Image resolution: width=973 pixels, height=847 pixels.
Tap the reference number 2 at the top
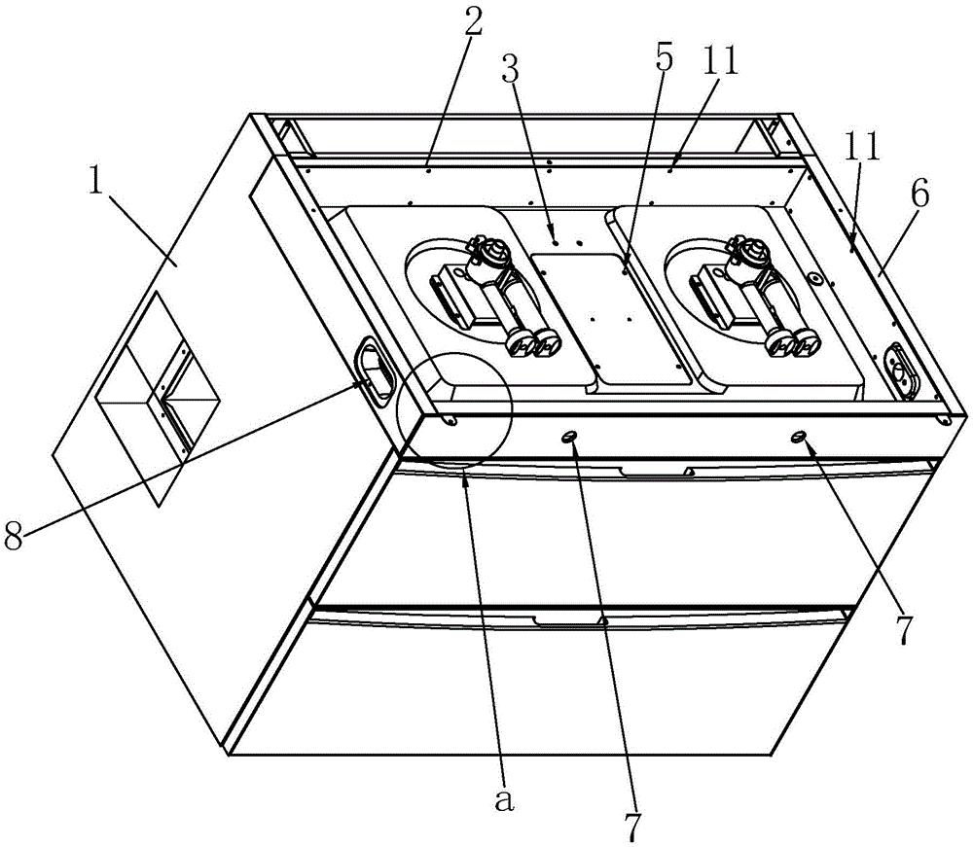pos(474,25)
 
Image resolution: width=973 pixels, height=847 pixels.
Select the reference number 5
pos(664,57)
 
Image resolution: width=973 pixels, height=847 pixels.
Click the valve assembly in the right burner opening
pos(749,292)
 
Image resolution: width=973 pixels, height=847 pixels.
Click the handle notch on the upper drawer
pos(656,473)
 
